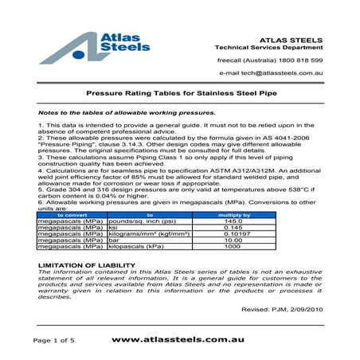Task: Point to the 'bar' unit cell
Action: (113, 241)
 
